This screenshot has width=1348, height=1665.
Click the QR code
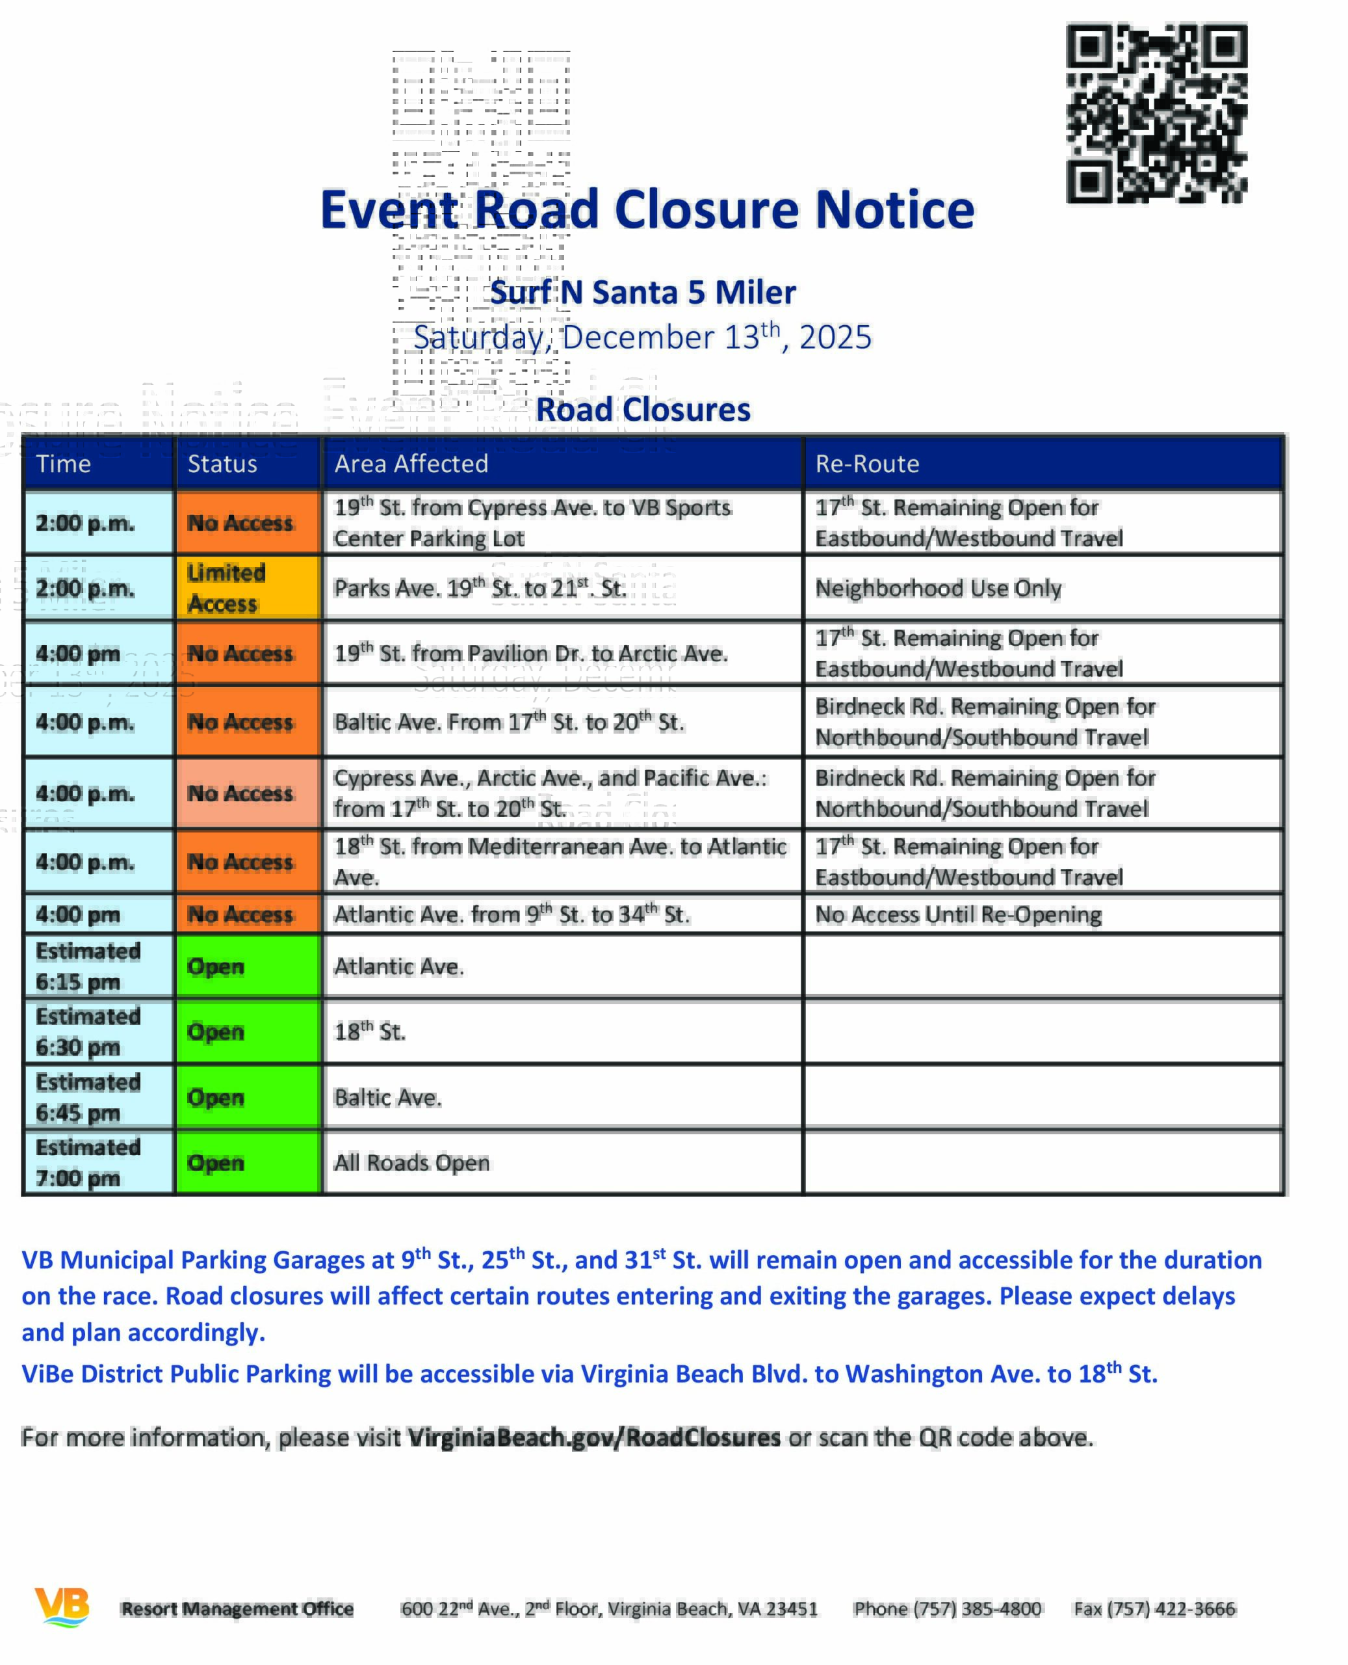(1156, 113)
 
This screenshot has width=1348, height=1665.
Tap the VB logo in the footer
(62, 1606)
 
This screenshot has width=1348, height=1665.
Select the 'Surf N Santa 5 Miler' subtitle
(643, 293)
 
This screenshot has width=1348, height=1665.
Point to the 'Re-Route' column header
(866, 464)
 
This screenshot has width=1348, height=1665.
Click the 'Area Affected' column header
(411, 464)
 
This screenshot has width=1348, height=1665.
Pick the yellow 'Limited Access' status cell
(248, 587)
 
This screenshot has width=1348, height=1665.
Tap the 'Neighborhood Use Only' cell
(938, 588)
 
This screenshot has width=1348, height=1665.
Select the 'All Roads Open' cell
(411, 1162)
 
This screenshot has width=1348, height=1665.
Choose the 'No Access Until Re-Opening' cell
(957, 914)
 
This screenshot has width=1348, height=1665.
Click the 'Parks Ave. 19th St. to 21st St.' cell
(480, 588)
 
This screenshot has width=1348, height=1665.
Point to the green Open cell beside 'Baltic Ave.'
(248, 1097)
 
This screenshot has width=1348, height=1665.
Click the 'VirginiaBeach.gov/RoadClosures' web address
(594, 1437)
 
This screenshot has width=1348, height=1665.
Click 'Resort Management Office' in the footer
(237, 1608)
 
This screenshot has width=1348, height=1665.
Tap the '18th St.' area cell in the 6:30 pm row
(370, 1031)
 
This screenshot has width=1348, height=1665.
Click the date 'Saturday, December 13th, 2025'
(642, 337)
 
